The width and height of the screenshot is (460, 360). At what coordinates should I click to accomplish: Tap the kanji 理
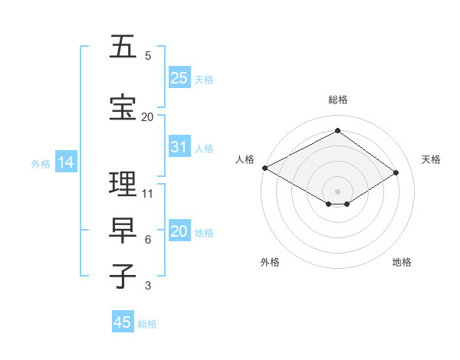(x=123, y=184)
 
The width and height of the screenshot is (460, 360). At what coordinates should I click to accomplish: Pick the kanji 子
(x=123, y=276)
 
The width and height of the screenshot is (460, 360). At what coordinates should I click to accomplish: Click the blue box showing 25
(x=179, y=78)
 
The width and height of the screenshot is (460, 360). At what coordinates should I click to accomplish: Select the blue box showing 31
(x=179, y=147)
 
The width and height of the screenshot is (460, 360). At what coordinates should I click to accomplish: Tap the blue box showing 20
(x=179, y=231)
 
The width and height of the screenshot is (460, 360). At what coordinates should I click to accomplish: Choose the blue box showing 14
(x=65, y=162)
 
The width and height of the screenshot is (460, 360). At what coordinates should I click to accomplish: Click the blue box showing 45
(x=123, y=322)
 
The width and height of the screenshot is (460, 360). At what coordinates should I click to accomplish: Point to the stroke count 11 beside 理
(x=148, y=194)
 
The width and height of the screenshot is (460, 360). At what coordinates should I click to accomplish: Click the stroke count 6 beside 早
(x=148, y=240)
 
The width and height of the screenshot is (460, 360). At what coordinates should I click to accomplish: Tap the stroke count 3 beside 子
(x=148, y=286)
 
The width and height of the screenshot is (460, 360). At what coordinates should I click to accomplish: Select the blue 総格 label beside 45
(x=147, y=324)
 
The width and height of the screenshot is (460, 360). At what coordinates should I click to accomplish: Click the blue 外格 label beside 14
(x=41, y=163)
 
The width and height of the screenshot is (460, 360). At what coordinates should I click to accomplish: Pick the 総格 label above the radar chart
(x=337, y=100)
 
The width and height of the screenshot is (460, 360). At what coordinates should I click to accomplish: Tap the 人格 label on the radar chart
(x=245, y=159)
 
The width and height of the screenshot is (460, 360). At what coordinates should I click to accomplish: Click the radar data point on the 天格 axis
(x=396, y=173)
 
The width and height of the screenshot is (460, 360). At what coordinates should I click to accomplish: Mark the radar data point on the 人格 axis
(x=264, y=168)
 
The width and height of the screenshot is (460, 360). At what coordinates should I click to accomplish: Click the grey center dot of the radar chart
(x=337, y=191)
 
